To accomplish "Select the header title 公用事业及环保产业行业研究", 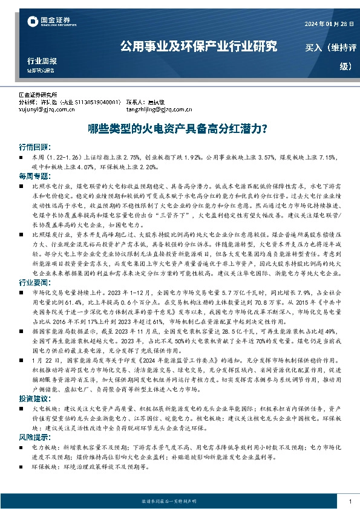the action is [x=198, y=46].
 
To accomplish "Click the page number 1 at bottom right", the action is [x=350, y=501].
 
